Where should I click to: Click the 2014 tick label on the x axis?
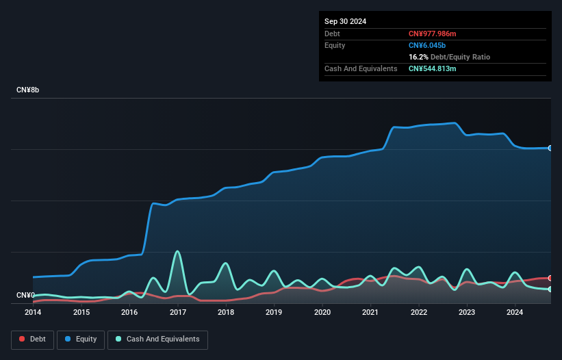33,313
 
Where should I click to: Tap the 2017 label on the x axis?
178,313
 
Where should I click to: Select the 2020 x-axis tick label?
322,313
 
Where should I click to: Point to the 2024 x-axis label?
515,313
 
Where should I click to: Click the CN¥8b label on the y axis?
28,90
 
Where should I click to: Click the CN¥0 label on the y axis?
25,296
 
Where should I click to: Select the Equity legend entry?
81,339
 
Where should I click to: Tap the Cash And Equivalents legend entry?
157,339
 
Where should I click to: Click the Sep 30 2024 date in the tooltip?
345,21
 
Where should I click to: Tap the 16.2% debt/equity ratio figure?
419,57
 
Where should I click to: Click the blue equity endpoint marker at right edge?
550,148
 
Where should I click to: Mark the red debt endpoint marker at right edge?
550,278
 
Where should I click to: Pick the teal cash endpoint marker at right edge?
550,289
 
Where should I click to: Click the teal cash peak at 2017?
178,251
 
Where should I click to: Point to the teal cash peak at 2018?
225,263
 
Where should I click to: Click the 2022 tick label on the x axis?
419,313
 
